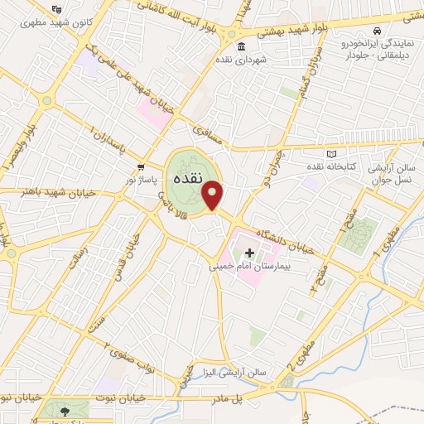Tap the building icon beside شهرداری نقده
click(x=241, y=46)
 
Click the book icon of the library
click(x=332, y=155)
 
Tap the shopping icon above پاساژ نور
click(x=142, y=166)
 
